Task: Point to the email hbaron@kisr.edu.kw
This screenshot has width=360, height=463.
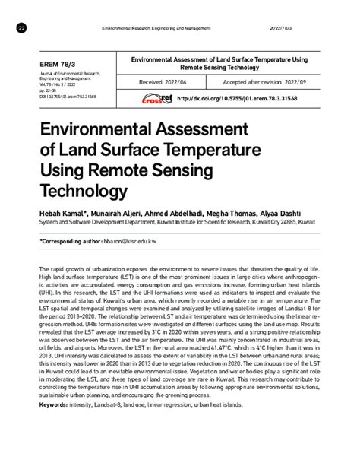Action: [x=131, y=239]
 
